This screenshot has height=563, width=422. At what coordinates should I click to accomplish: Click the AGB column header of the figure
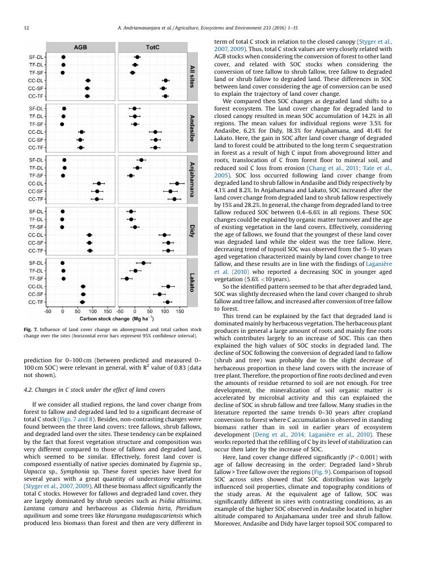(x=80, y=48)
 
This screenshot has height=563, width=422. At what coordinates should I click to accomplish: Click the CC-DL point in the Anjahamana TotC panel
(x=177, y=183)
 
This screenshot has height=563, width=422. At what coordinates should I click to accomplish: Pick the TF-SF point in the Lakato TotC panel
(x=127, y=278)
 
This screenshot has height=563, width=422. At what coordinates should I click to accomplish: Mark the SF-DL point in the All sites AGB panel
(x=63, y=57)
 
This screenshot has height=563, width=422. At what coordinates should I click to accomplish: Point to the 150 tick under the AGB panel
(x=107, y=311)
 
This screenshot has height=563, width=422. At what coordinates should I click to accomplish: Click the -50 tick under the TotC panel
(x=120, y=311)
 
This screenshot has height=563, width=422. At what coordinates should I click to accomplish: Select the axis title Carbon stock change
(x=108, y=319)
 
